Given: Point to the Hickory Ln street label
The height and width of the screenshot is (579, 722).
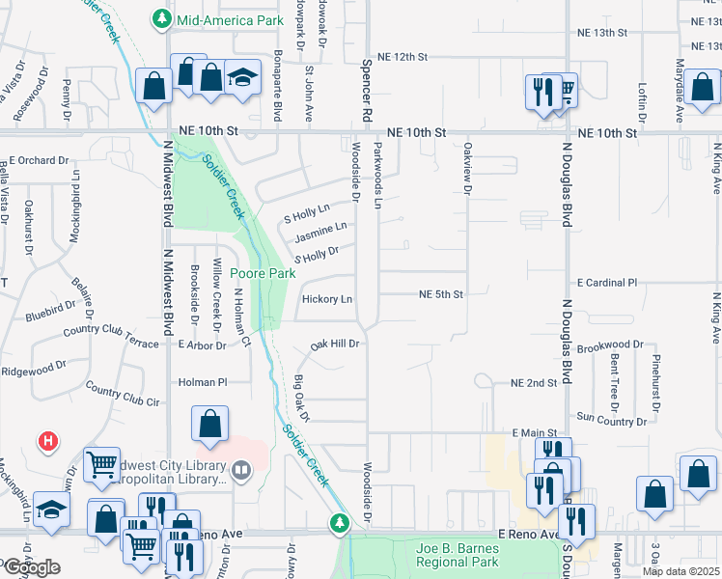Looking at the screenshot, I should point(327,300).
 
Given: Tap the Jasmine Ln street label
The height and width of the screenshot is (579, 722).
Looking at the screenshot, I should point(319,233).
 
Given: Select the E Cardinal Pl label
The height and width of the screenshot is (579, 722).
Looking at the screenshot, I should point(607,284).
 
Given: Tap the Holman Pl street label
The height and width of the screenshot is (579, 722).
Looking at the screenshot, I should point(202,382).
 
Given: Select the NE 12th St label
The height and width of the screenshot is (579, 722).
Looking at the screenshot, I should point(403,57).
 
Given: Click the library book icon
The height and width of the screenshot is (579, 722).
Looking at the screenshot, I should point(241,472).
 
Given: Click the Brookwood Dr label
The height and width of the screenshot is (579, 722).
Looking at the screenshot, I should point(609,345).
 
